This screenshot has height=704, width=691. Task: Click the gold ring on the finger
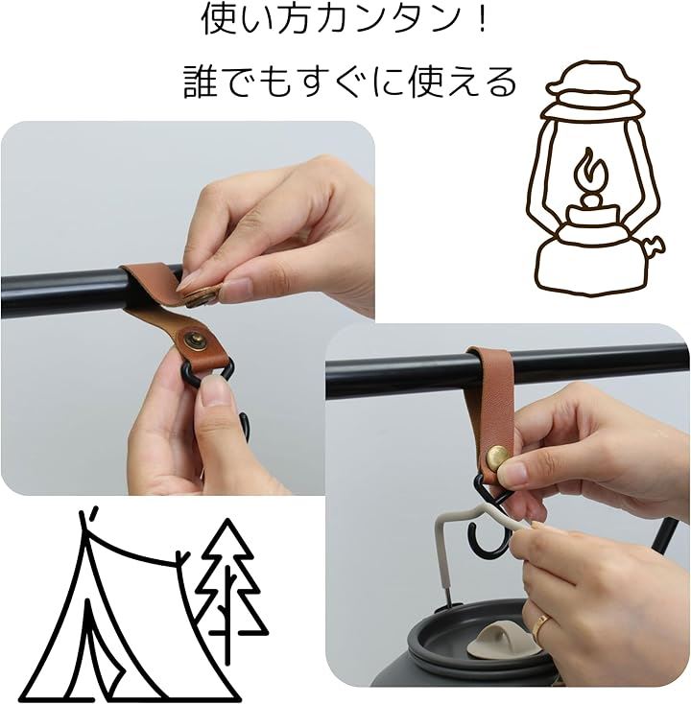point(541,622)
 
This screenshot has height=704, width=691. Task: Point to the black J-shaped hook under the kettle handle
point(488,536)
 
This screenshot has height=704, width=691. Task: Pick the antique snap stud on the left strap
point(194,338)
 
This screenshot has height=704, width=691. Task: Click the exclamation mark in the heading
point(483,20)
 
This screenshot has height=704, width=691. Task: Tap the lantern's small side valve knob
point(655,246)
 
